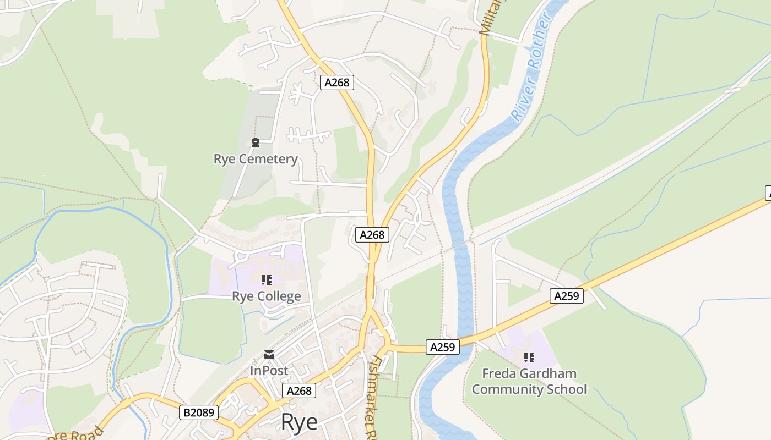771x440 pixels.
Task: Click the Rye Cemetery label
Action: click(256, 159)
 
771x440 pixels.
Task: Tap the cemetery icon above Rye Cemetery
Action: click(256, 143)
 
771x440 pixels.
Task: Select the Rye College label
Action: click(267, 296)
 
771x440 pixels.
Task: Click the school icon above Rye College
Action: click(267, 280)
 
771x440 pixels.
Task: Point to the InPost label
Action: click(269, 371)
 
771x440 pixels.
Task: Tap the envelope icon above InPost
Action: click(269, 355)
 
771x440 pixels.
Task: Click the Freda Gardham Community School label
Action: click(529, 381)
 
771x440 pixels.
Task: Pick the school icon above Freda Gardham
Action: click(529, 358)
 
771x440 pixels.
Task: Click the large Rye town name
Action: click(299, 422)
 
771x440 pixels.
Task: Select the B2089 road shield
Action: click(199, 412)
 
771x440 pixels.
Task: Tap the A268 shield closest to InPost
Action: click(299, 391)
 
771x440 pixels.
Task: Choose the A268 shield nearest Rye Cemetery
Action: click(336, 82)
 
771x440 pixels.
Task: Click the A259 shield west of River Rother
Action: click(443, 347)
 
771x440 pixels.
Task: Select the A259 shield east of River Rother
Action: click(567, 296)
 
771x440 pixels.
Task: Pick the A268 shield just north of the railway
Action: click(372, 235)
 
